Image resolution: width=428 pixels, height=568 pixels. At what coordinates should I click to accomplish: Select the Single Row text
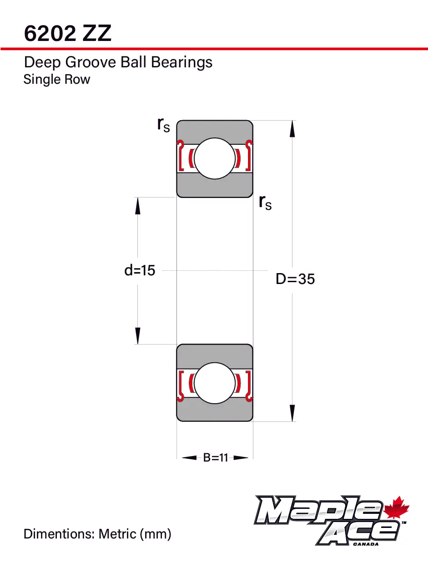pos(56,80)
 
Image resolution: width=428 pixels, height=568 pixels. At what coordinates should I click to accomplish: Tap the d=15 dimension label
pos(140,271)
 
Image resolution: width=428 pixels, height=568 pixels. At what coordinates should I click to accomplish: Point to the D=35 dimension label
pos(295,279)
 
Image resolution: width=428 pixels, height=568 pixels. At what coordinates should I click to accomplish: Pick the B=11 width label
pos(215,458)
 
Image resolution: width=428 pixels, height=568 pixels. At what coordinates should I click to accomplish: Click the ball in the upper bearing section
pos(215,158)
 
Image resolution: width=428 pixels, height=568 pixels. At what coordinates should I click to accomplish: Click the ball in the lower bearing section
pos(215,383)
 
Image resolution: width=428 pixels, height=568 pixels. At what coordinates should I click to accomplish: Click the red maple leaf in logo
pos(397,508)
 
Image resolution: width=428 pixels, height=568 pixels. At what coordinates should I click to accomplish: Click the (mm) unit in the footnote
pos(156,533)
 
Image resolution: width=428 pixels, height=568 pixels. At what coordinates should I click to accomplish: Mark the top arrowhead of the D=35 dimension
pos(292,129)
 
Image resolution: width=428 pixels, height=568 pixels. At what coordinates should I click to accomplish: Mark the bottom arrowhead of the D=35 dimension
pos(292,413)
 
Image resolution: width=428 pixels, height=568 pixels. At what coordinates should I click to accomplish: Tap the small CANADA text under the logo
pos(365,543)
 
